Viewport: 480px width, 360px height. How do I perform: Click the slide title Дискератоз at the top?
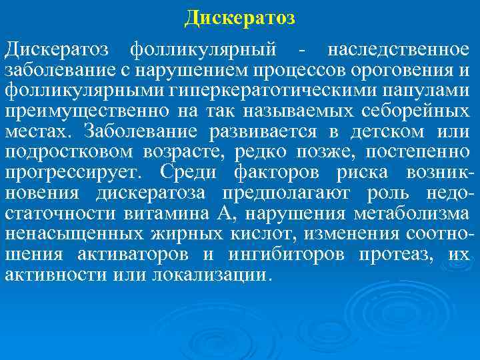240,17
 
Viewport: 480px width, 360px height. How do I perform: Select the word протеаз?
401,254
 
